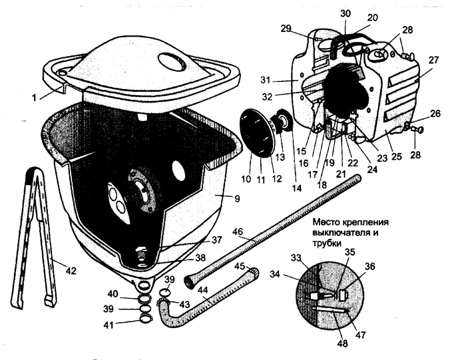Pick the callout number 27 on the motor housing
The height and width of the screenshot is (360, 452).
point(433,60)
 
